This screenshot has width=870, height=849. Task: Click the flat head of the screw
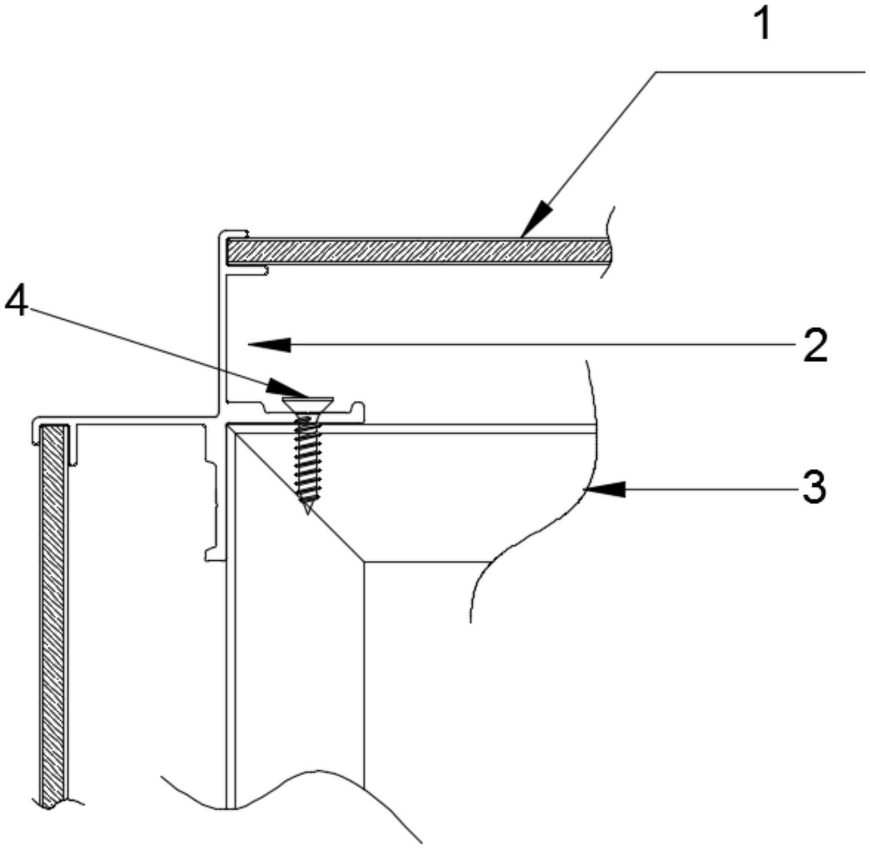(x=307, y=402)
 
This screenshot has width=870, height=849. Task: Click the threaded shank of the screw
(x=308, y=461)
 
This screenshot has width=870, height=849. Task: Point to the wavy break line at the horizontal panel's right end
(x=608, y=241)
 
